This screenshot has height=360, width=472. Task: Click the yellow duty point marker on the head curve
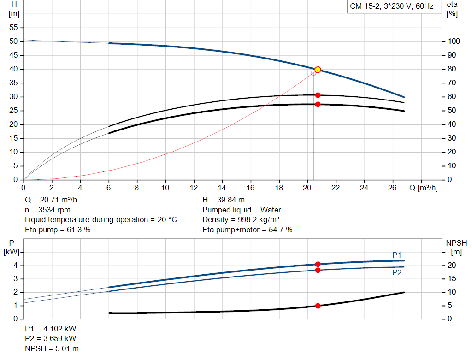[318, 70]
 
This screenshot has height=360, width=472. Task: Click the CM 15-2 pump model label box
[391, 7]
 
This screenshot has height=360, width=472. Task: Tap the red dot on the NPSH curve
[318, 306]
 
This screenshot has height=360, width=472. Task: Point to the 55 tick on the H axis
[14, 28]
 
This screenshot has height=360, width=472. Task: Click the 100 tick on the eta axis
[454, 41]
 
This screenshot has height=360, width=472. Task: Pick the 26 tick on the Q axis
[393, 188]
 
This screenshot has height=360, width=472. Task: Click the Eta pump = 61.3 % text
[58, 230]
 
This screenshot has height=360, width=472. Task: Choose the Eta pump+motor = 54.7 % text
[248, 230]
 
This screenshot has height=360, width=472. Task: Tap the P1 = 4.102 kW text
[51, 329]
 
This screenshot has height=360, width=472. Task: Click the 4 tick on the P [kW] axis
[15, 266]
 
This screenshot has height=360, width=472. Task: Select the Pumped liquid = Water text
[242, 210]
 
